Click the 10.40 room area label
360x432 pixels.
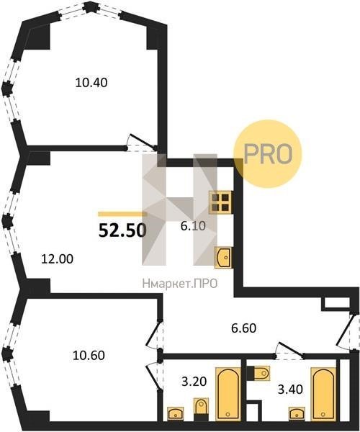tap(91, 83)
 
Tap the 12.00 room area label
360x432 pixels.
tap(58, 259)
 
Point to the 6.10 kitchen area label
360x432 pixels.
tap(193, 226)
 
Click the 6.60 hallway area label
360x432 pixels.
tap(244, 328)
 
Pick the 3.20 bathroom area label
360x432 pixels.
tap(194, 382)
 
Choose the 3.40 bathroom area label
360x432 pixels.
tap(290, 390)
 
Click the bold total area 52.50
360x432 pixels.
tap(122, 230)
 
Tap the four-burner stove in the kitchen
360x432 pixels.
tap(221, 202)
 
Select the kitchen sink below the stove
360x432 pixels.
tap(223, 258)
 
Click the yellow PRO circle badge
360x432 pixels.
tap(268, 154)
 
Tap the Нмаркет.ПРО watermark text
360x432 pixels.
tap(180, 284)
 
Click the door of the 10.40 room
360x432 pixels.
tap(142, 142)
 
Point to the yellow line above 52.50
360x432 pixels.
tap(122, 214)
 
